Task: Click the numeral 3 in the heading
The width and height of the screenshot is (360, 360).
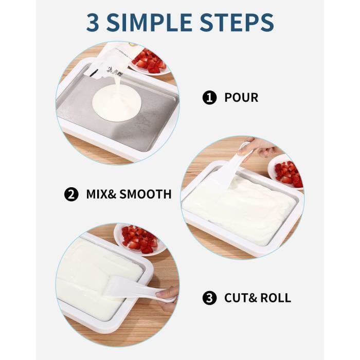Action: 93,23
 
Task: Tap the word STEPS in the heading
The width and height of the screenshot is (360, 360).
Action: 237,23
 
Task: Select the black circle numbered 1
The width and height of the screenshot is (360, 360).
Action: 209,98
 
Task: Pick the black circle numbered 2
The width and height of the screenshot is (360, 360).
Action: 71,194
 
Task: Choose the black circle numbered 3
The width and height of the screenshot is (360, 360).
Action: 209,298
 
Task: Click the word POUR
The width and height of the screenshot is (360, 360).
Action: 241,98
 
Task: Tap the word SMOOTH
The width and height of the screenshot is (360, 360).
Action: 146,194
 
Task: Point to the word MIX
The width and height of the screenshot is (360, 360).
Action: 97,194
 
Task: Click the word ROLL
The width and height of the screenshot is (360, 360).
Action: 276,298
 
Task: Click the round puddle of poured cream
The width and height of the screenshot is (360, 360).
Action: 117,103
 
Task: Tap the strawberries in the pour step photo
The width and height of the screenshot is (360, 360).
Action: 149,61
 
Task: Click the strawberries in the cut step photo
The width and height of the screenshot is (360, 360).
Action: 139,239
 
